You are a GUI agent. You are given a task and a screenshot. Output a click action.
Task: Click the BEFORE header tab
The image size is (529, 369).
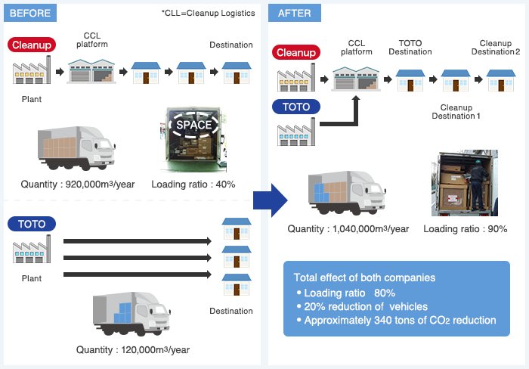point(29,13)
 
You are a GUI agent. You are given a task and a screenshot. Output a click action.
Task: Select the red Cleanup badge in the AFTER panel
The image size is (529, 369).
point(296,52)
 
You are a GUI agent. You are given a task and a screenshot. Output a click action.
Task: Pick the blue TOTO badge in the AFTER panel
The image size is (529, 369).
point(296,107)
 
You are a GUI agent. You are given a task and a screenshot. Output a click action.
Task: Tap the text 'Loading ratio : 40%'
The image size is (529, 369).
point(193,184)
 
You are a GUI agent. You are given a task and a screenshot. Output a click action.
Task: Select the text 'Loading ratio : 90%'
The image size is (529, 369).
point(465,229)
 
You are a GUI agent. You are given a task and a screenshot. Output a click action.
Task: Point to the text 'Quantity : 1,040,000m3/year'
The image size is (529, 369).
point(348,229)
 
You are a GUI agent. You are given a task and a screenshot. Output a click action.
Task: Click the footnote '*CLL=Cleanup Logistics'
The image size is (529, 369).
point(208,13)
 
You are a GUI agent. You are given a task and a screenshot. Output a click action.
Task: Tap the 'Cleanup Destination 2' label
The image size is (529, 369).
point(495,47)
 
